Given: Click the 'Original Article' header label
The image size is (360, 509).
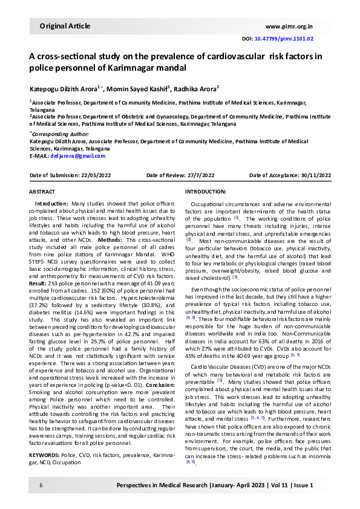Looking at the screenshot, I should tap(65, 26).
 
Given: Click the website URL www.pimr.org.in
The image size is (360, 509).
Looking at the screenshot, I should tap(289, 27).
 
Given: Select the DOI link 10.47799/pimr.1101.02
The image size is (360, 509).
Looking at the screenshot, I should tap(284, 39).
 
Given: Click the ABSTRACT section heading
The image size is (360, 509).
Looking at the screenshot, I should tap(42, 191).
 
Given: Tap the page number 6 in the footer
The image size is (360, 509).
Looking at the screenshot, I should tap(41, 485).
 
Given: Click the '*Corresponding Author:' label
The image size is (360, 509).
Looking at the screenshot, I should tap(58, 134).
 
